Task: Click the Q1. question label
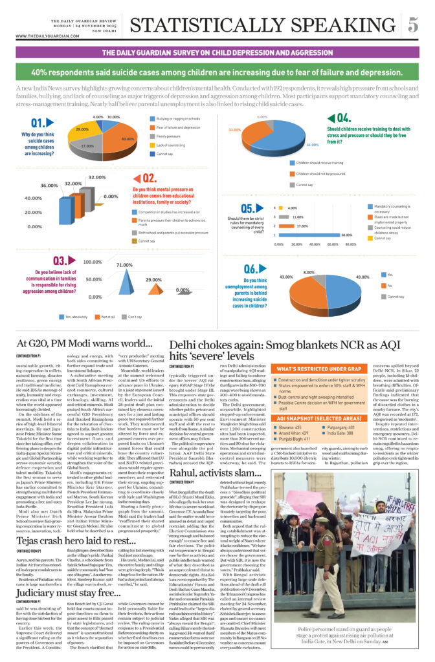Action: click(x=37, y=123)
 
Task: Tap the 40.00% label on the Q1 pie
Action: click(x=128, y=139)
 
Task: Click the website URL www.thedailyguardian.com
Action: click(x=43, y=36)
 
